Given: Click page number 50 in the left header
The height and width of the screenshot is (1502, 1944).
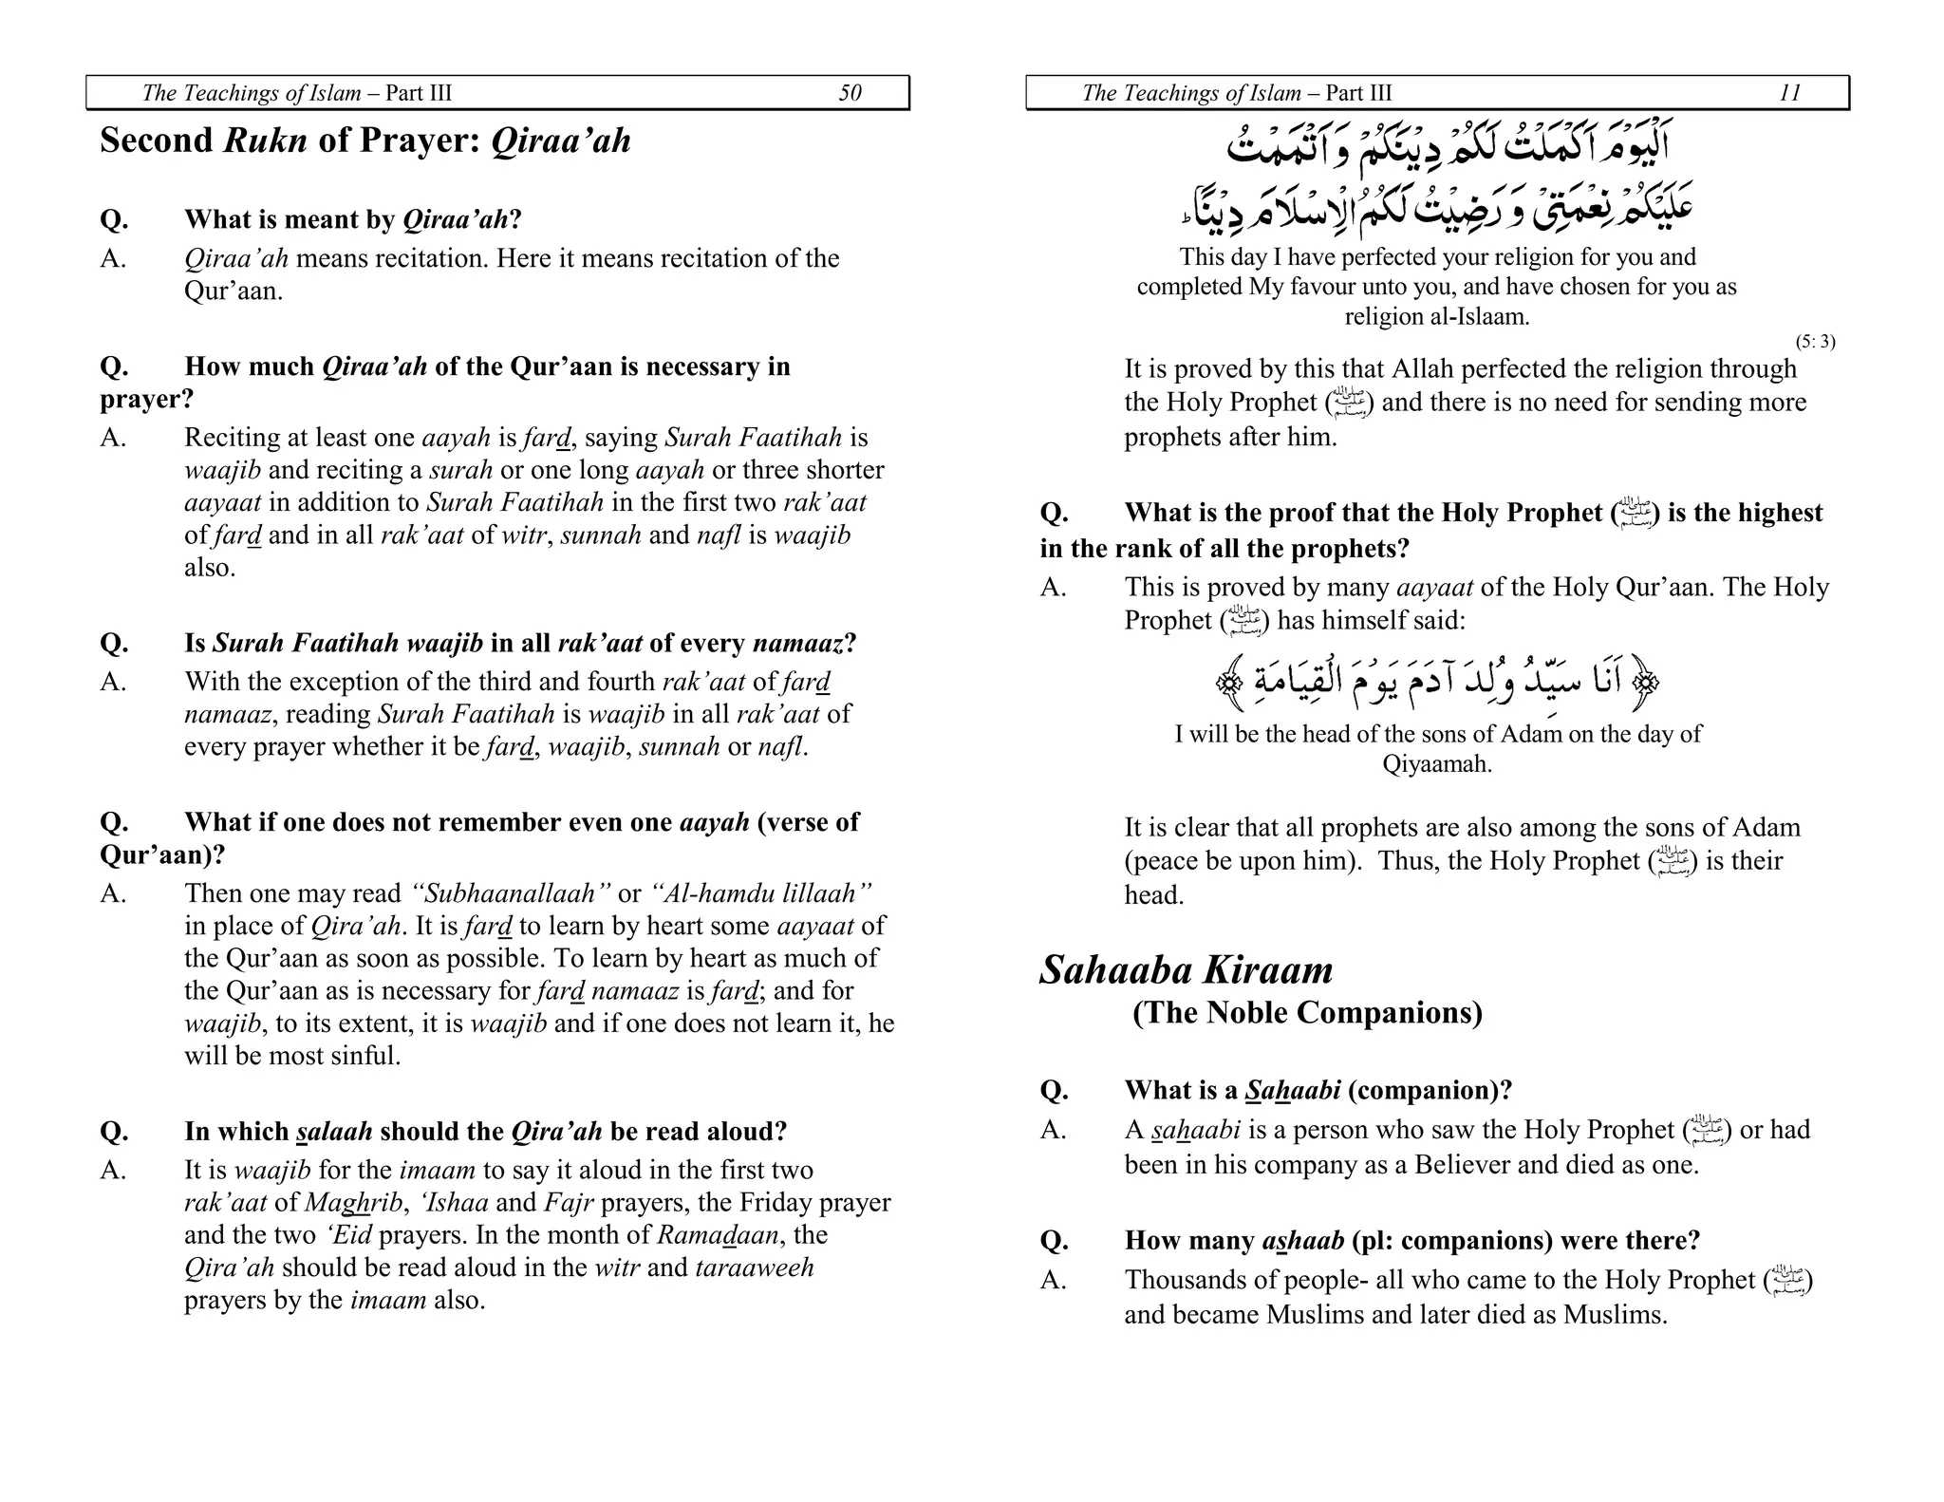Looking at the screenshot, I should coord(850,93).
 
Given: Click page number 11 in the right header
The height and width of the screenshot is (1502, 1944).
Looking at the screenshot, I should coord(1789,93).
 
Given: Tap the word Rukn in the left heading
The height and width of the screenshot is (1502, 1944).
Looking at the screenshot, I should coord(265,141).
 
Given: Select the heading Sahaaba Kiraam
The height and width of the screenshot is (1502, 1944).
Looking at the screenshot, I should coord(1186,970).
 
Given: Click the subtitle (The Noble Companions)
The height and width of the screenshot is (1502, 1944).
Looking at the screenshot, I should coord(1307,1013).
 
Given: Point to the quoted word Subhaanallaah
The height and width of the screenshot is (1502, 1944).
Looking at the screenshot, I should coord(505,893).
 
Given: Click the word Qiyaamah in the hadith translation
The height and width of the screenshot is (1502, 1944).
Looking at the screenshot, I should coord(1436,764).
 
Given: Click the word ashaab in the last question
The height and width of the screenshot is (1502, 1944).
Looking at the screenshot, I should coord(1302,1241).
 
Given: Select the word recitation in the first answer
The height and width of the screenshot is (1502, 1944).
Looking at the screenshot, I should coord(413,258).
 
